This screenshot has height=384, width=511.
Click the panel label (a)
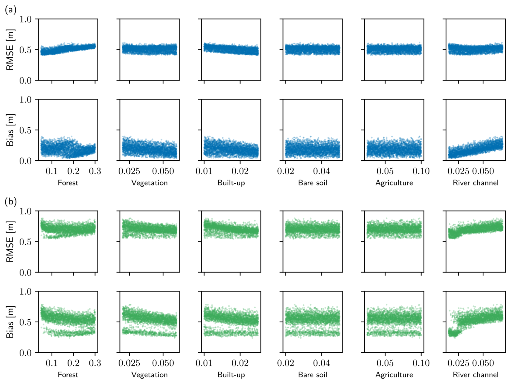pos(11,10)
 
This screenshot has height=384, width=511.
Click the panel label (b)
pos(11,202)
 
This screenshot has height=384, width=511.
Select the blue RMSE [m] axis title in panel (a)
pos(10,50)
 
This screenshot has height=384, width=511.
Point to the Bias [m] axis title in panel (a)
pos(10,130)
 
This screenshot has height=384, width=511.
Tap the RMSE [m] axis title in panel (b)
pos(10,241)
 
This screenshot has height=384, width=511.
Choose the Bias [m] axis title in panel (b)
pos(10,322)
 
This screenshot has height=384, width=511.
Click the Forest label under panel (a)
pos(68,183)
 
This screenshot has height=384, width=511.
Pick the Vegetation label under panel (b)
pos(149,375)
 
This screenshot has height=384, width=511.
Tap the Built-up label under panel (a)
pos(231,183)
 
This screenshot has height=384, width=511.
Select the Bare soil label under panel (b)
pos(312,375)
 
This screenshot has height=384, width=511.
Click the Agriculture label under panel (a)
pos(394,183)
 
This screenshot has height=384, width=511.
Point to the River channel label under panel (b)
pos(476,375)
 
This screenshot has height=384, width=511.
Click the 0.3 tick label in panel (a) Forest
pos(95,171)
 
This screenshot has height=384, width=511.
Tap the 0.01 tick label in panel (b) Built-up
pos(204,363)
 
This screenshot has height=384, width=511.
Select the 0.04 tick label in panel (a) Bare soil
pos(321,171)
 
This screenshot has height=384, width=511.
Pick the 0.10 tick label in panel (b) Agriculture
pos(421,363)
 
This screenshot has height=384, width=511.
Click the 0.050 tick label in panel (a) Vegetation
pos(163,171)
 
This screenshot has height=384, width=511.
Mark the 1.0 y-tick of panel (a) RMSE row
pos(25,19)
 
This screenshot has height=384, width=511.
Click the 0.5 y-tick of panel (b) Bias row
pos(25,322)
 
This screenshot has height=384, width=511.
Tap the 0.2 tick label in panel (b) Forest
pos(73,363)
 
